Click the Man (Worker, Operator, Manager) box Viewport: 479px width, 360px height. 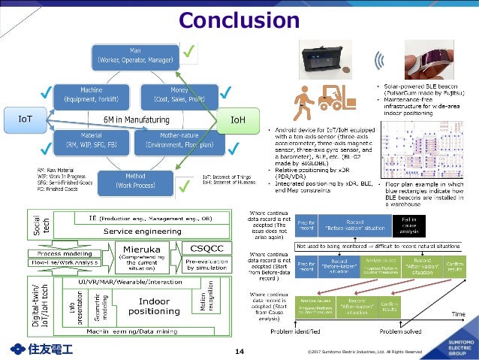134,55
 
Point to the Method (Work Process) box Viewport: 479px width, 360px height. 134,180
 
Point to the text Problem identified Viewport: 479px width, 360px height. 295,329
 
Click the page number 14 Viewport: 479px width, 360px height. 240,350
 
